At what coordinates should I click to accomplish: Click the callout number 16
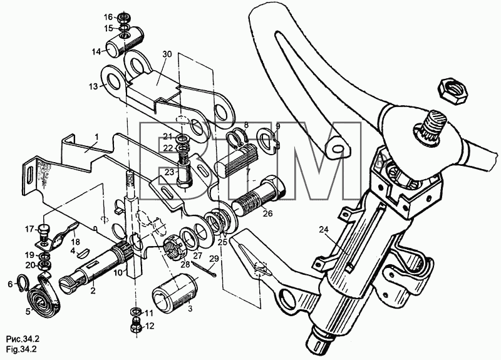(x=108, y=17)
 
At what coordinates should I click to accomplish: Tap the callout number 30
(x=167, y=54)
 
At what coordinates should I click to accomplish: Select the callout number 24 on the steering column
(x=323, y=229)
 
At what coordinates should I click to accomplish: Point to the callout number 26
(x=268, y=213)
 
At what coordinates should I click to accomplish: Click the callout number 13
(x=93, y=86)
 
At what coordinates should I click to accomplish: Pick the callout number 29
(x=214, y=258)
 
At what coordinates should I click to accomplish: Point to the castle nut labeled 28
(x=173, y=249)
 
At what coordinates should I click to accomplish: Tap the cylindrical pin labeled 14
(x=125, y=42)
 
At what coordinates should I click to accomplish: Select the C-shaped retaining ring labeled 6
(x=23, y=281)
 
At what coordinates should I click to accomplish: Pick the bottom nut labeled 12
(x=136, y=327)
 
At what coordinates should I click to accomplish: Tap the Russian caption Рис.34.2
(x=23, y=339)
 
